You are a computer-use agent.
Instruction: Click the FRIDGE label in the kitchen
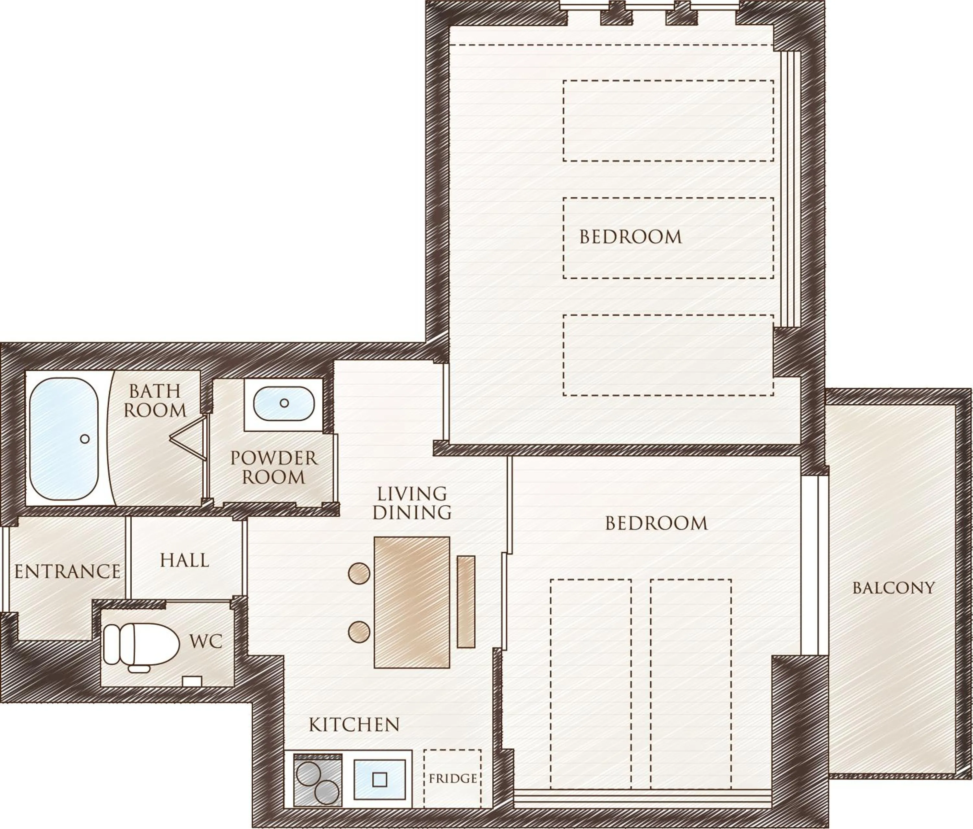(x=453, y=779)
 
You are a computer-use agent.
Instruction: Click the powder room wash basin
(x=284, y=403)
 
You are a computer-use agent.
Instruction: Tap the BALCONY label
(x=894, y=588)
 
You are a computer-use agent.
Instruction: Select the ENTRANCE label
(x=67, y=571)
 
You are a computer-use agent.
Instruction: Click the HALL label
(x=184, y=560)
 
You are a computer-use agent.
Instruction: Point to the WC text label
(x=206, y=641)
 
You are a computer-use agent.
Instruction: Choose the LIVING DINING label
(x=412, y=503)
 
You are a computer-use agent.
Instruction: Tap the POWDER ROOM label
(x=274, y=467)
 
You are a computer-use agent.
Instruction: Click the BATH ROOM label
(x=155, y=401)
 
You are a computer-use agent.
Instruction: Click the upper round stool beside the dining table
(x=359, y=573)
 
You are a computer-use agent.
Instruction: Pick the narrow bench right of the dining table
(x=466, y=601)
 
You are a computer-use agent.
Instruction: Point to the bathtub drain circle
(x=85, y=439)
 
